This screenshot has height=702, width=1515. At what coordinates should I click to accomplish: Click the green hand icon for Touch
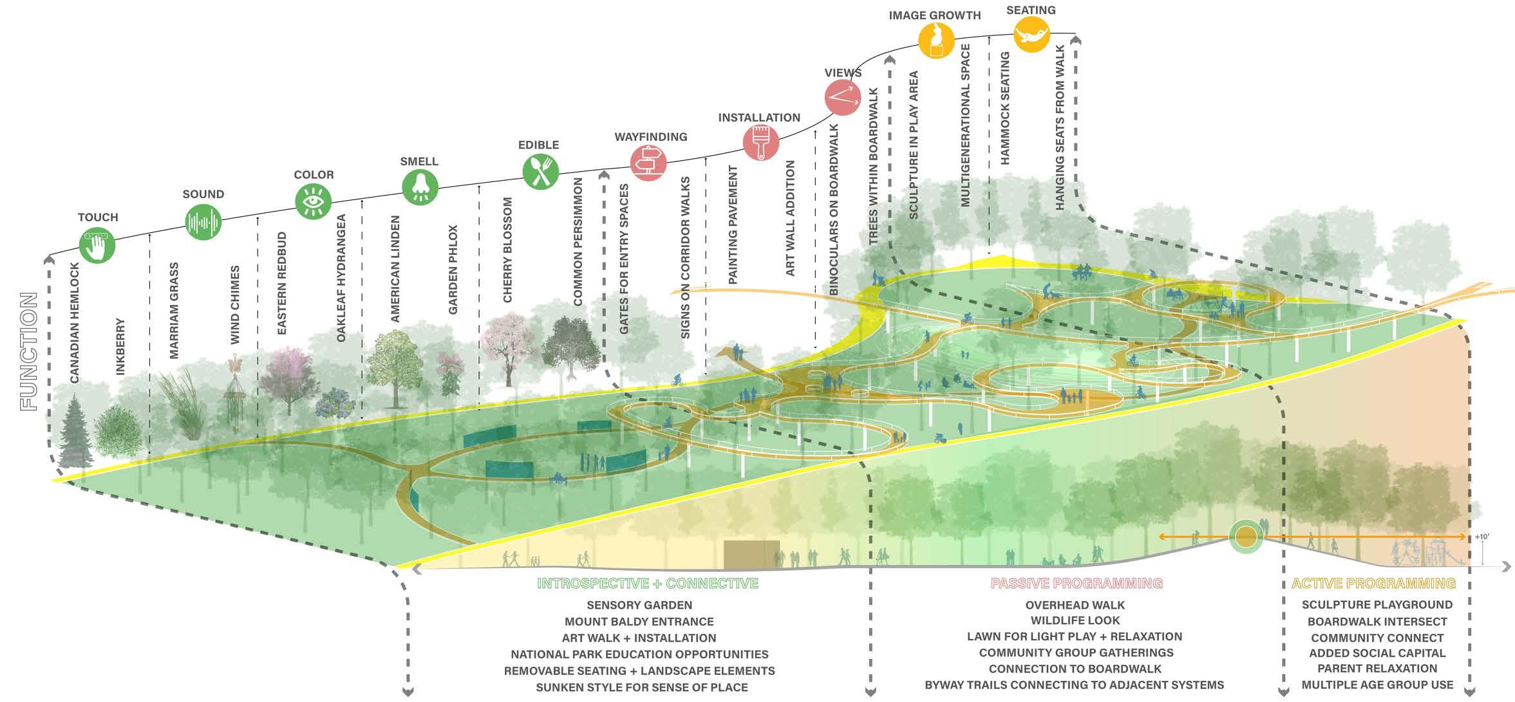point(97,245)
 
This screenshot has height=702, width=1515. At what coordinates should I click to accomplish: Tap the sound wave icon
point(203,222)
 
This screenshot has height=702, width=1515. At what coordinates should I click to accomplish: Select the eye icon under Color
point(313,201)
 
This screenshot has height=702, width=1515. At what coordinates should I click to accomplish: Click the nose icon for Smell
point(420,187)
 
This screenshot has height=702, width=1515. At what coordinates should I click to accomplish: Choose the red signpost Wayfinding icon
point(648,163)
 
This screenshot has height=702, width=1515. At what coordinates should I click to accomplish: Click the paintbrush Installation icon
point(760,142)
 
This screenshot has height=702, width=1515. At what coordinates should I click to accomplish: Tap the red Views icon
point(842,97)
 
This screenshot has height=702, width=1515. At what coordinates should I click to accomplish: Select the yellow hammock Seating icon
point(1031,33)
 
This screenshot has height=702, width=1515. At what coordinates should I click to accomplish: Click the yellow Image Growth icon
point(936,40)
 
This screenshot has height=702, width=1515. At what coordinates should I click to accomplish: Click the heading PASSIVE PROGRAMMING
point(1077,584)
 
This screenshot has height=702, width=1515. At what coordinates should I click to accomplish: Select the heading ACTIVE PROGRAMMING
point(1373,584)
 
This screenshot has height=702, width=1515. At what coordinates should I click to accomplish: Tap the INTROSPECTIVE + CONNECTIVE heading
point(648,584)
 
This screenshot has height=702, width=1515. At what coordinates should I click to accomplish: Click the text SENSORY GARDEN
point(639,605)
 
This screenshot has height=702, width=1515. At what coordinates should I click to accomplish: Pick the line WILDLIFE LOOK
point(1075,620)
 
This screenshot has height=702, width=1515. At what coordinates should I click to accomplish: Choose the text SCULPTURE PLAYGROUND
point(1377,605)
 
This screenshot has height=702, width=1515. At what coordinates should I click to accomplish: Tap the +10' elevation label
point(1482,537)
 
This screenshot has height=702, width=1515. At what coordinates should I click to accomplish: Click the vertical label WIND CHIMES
point(235,304)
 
